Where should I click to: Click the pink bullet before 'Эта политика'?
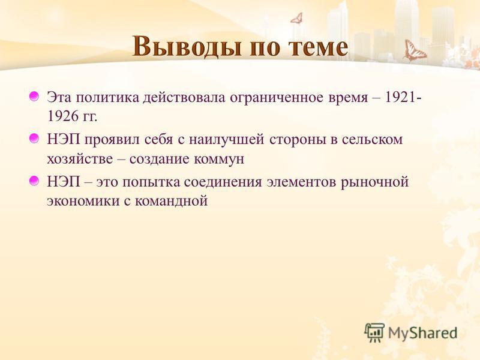pos(34,97)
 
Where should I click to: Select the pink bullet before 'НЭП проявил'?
pos(34,139)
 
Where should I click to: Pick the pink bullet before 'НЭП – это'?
pos(34,181)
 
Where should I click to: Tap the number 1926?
pos(62,116)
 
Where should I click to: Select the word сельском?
pos(372,140)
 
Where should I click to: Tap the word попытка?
pos(151,183)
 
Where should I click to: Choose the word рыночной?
pos(374,183)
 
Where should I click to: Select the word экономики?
pos(83,202)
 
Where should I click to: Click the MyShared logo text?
pos(422,333)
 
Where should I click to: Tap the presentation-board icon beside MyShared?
pos(374,332)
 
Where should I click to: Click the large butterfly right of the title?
pos(413,50)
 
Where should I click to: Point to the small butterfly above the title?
pos(296,18)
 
